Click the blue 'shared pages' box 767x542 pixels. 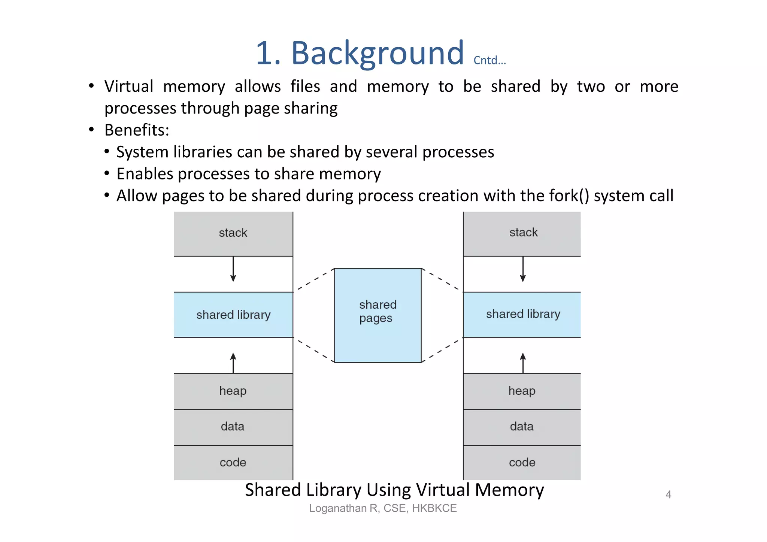[x=378, y=315]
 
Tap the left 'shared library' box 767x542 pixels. [x=233, y=315]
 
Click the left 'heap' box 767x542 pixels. [x=233, y=391]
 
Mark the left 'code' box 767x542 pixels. [x=233, y=463]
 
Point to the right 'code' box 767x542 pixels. [x=522, y=463]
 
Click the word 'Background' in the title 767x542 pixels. [x=377, y=53]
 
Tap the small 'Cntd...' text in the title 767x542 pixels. [x=489, y=61]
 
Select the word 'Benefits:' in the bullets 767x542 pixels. [x=137, y=130]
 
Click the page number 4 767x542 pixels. [x=668, y=495]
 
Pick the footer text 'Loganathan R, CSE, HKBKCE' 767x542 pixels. [x=383, y=508]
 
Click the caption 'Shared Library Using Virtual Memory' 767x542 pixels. [x=394, y=490]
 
